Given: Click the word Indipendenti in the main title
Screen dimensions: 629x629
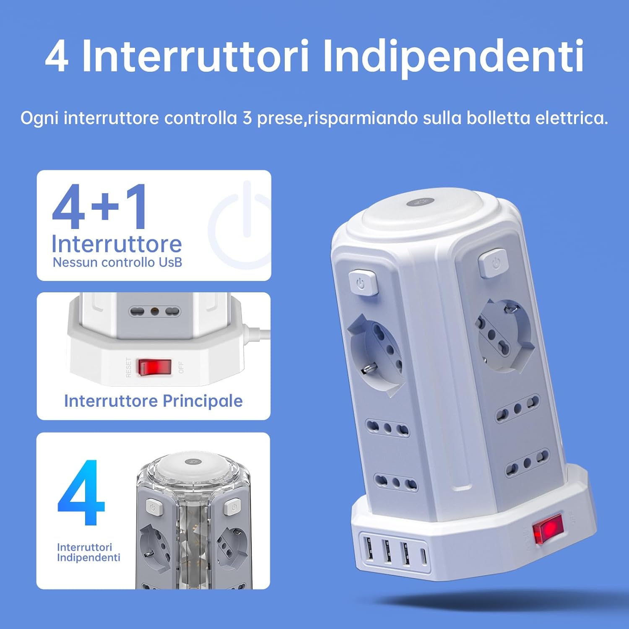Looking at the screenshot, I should pos(453,57).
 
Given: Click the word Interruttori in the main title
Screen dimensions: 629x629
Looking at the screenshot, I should pos(195,57).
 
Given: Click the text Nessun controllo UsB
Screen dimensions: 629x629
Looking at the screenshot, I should pos(117,263).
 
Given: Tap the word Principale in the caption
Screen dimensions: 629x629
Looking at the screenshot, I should pos(203,401).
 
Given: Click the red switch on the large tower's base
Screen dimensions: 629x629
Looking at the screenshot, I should pos(547,529).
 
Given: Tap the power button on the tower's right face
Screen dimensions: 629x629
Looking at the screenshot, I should pos(493,263).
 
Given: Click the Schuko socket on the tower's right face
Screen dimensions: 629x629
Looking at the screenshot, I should pos(503,335).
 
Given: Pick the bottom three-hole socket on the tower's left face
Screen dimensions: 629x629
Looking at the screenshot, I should pos(395,482).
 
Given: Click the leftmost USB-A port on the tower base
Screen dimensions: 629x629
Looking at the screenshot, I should pos(369,549).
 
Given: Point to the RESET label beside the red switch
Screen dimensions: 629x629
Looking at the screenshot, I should pos(129,367).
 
